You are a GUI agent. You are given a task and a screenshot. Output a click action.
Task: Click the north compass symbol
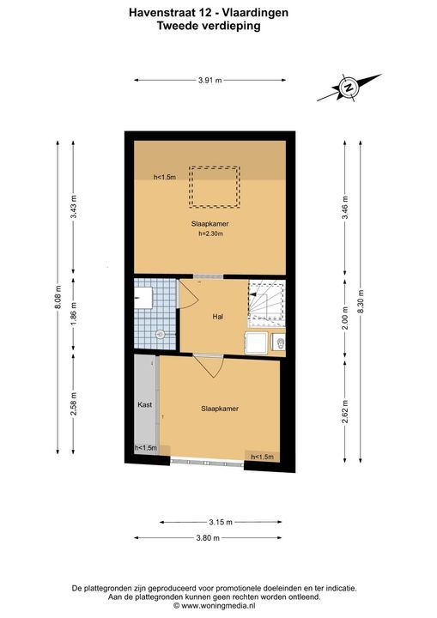(x=349, y=88)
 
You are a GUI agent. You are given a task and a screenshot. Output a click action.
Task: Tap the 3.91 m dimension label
(x=209, y=81)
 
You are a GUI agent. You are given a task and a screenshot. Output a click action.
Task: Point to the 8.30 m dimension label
(x=360, y=301)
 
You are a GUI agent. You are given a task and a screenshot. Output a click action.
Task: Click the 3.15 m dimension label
(x=221, y=522)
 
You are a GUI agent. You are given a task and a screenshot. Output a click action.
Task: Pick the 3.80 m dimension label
(x=208, y=537)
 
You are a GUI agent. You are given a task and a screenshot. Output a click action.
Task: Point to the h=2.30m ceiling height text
(x=210, y=233)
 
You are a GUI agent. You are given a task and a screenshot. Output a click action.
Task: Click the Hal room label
(x=218, y=317)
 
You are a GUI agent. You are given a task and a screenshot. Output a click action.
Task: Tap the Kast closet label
(x=145, y=405)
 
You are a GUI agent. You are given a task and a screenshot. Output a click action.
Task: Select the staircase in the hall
(x=266, y=300)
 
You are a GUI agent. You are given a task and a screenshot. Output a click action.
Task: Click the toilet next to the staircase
(x=279, y=342)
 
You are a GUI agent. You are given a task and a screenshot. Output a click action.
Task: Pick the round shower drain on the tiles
(x=161, y=334)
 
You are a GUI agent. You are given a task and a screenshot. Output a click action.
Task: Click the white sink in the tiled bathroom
(x=143, y=298)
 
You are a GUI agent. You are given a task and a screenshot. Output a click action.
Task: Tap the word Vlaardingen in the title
(x=255, y=13)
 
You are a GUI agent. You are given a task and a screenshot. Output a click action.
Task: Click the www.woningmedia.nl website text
(x=218, y=606)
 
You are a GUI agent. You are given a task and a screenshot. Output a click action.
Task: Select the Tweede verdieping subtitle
(x=209, y=26)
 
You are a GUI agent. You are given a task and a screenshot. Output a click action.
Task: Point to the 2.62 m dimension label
(x=345, y=412)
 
